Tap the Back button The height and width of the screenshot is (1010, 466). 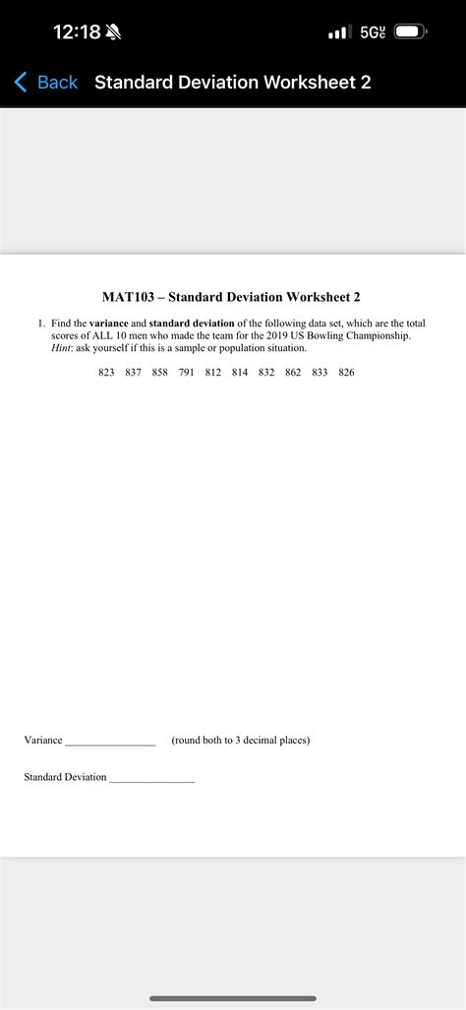point(46,83)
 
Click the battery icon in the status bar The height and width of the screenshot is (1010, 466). point(411,32)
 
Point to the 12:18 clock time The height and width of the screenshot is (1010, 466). point(76,32)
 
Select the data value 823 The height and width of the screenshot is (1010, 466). point(106,373)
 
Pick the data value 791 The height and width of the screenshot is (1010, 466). point(186,373)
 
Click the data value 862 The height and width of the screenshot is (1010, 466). point(293,373)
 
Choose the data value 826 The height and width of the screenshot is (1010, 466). point(346,373)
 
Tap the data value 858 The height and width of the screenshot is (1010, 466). point(159,373)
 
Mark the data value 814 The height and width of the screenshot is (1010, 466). point(240,373)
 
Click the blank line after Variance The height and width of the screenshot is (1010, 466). point(110,742)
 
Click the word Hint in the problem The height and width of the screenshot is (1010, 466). point(62,348)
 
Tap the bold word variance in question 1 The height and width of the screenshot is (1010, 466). point(109,323)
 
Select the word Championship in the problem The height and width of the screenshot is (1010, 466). point(378,335)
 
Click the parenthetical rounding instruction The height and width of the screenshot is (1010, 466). point(240,740)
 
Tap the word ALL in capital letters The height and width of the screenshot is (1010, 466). point(104,335)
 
